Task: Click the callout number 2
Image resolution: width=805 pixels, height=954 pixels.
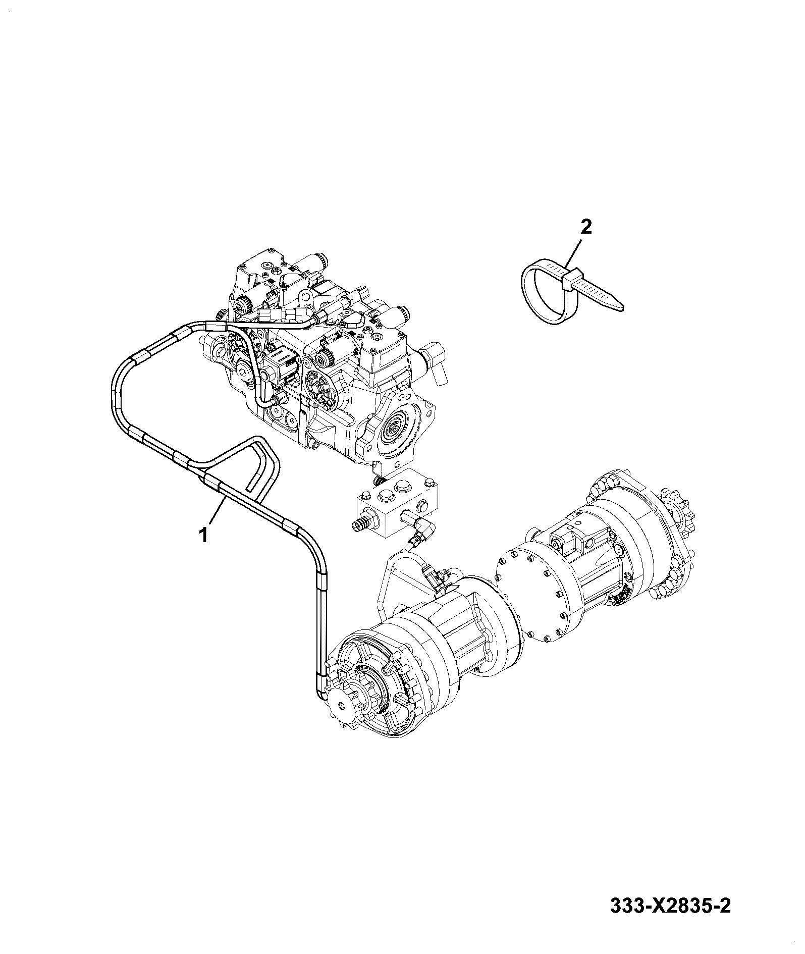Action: (586, 227)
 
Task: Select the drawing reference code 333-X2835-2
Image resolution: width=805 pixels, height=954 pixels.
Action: (670, 920)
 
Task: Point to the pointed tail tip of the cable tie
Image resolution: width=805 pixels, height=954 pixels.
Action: (622, 305)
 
